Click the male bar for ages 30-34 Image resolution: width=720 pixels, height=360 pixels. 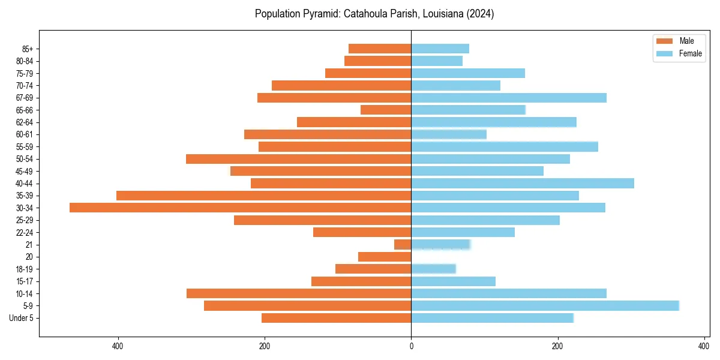[240, 208]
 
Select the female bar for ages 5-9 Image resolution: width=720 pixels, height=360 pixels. [545, 306]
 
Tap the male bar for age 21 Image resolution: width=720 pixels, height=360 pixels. [403, 245]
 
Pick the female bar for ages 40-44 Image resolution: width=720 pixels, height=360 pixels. [522, 184]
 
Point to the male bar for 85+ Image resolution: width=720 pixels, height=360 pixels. [380, 49]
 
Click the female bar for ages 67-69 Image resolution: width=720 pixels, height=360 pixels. [509, 98]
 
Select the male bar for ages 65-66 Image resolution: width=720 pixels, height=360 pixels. [386, 110]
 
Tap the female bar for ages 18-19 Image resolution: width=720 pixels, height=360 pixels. [433, 269]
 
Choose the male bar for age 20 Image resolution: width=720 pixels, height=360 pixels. [385, 257]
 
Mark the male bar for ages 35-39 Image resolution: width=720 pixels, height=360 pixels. [263, 196]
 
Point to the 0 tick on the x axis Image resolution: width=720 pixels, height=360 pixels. [411, 346]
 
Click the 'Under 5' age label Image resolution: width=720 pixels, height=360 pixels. [22, 318]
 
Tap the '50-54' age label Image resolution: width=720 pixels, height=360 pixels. [25, 159]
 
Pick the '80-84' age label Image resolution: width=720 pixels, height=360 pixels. [25, 61]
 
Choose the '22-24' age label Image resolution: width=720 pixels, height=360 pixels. [25, 232]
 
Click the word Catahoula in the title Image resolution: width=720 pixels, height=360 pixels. [364, 14]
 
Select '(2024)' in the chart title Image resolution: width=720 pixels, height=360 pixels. [479, 14]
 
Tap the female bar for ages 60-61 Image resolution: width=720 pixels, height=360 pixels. [449, 134]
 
